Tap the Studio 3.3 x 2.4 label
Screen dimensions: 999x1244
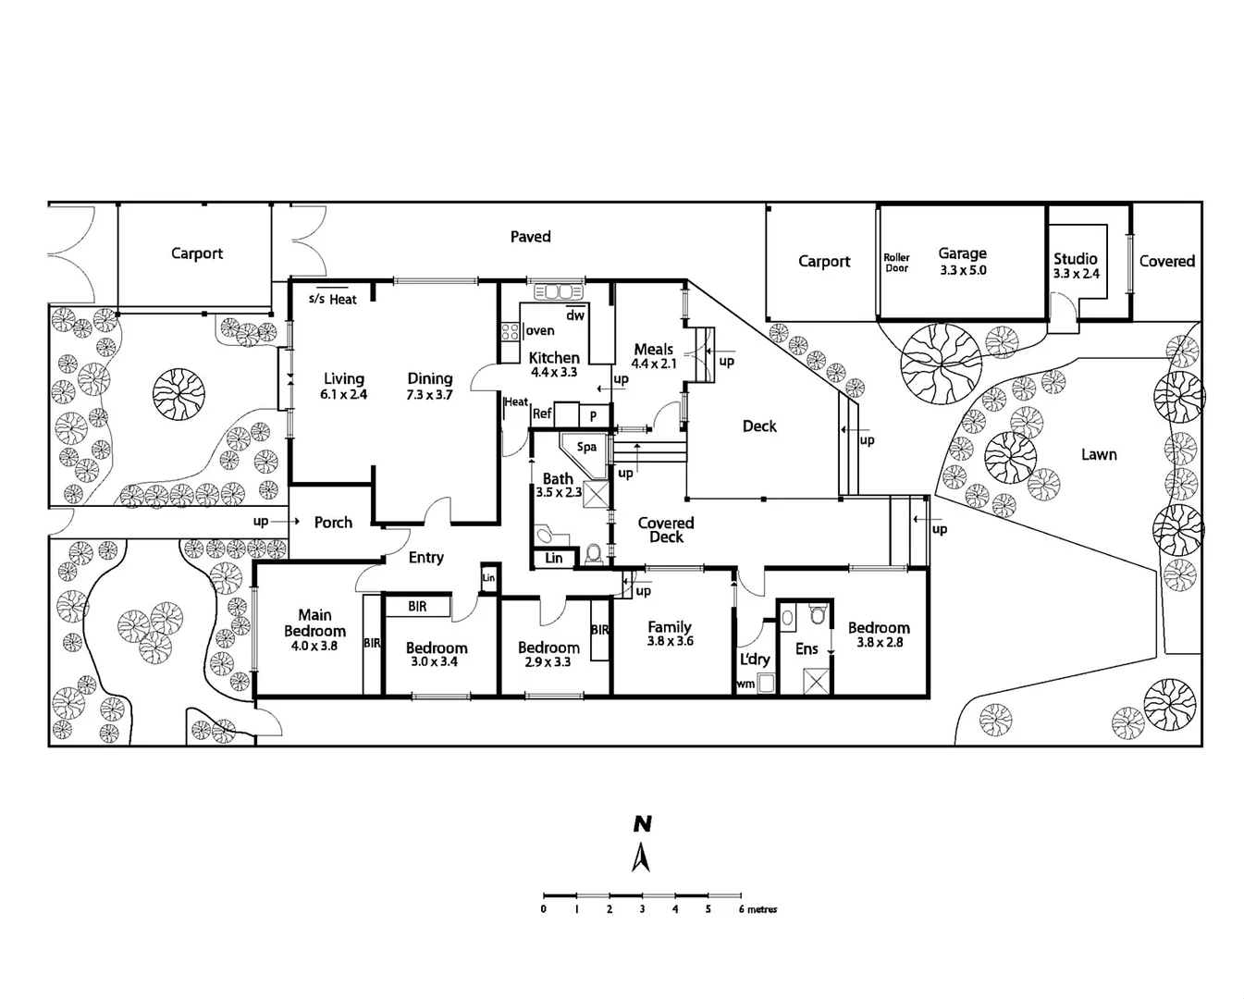1076,265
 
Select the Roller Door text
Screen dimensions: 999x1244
896,263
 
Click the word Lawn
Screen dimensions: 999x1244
1099,454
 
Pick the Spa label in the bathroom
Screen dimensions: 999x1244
586,447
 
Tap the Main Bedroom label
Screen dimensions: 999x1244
314,629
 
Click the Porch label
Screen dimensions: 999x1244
333,523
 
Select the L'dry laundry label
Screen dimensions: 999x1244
755,659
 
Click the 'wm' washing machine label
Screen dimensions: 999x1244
745,684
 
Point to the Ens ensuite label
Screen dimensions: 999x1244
807,649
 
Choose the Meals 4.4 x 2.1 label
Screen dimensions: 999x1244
654,356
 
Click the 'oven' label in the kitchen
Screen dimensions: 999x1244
540,330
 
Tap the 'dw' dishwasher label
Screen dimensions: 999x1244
575,315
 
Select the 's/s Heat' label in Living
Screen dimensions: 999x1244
332,300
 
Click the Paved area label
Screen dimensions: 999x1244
530,237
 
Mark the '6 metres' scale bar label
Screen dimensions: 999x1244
757,909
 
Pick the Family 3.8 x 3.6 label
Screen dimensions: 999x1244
670,634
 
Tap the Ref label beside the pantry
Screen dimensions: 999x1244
542,413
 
